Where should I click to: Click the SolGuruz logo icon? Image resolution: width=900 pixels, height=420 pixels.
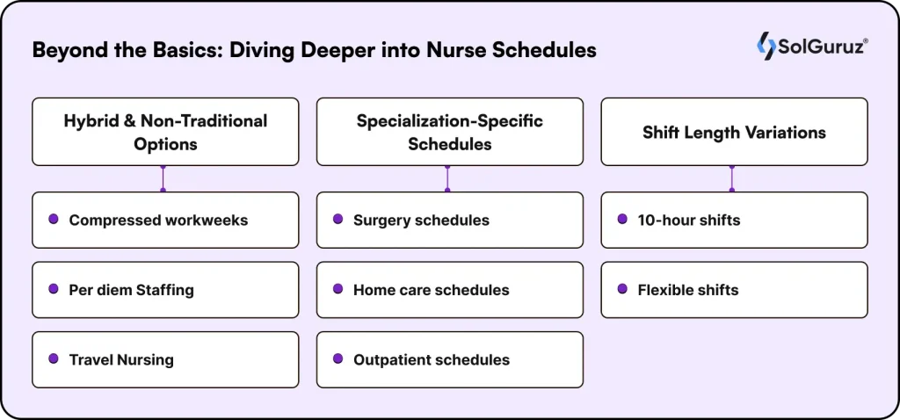coord(766,46)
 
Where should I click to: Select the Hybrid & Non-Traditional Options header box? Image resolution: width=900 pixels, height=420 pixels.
coord(165,132)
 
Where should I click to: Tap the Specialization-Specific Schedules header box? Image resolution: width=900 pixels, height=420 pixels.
coord(449,132)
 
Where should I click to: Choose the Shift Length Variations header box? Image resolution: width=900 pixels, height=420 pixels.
coord(734,132)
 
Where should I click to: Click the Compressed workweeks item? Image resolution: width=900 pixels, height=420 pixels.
coord(165,220)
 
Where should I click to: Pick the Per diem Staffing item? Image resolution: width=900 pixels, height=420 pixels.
coord(165,290)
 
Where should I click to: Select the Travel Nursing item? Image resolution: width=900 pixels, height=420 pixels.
coord(165,359)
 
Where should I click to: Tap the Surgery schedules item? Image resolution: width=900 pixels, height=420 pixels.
coord(449,220)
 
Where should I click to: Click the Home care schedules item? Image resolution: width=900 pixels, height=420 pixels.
coord(449,290)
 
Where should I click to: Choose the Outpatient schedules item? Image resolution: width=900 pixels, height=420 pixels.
coord(449,359)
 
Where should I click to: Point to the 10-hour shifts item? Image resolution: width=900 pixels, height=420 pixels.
coord(734,220)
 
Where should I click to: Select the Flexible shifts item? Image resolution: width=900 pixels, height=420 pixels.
coord(734,290)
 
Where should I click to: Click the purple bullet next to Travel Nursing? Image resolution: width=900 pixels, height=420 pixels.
coord(54,358)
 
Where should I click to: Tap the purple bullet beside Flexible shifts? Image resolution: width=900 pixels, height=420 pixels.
coord(622,288)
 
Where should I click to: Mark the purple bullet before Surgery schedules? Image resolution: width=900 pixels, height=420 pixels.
coord(337,219)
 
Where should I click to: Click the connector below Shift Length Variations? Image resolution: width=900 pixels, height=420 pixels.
coord(732,179)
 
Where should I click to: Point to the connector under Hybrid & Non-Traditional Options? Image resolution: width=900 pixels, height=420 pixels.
coord(163,179)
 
